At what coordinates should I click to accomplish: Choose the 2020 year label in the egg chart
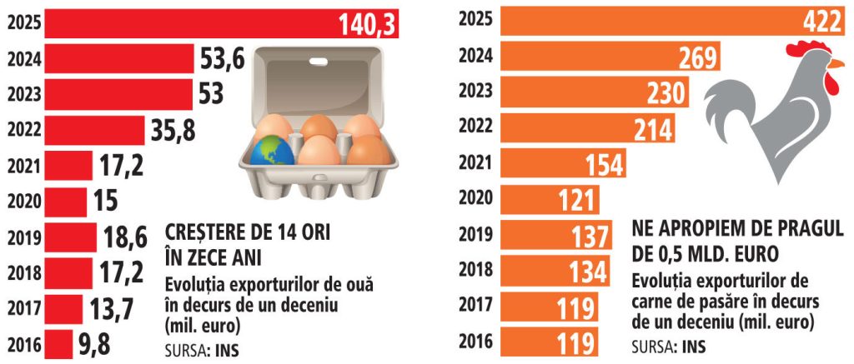coord(23,201)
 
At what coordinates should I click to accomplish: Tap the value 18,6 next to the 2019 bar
coord(126,237)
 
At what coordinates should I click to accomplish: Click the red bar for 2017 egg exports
coord(63,308)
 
